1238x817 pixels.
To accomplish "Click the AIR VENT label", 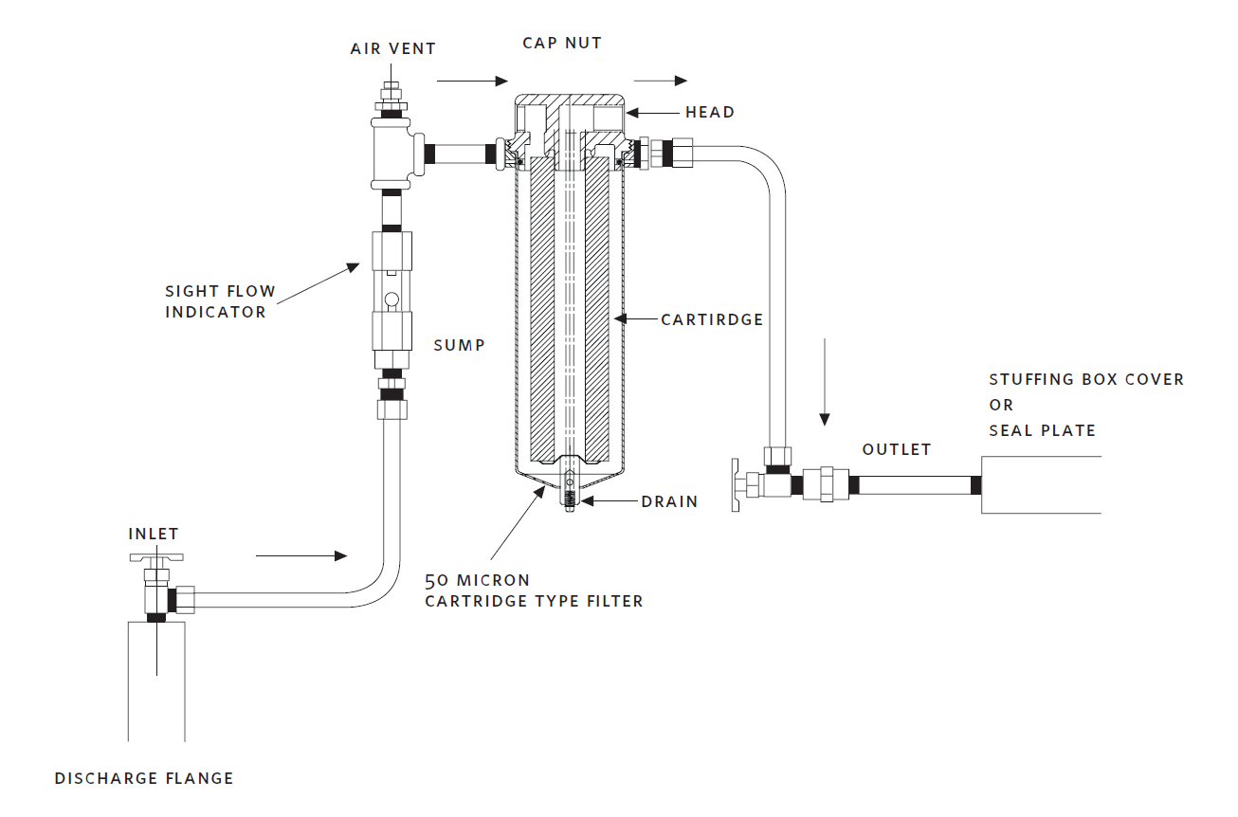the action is [393, 48].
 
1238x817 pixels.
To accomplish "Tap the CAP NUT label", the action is [562, 43].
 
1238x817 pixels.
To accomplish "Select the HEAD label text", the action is [710, 112].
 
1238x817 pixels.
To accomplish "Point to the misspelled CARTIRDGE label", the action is [712, 319].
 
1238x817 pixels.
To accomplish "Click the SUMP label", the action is [460, 346].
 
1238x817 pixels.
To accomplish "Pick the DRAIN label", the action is [670, 502].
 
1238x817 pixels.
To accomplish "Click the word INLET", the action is [154, 534].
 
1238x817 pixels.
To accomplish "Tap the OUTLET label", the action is [897, 449].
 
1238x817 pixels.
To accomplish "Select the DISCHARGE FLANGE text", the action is [144, 778].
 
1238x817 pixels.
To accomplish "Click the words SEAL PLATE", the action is [1042, 430].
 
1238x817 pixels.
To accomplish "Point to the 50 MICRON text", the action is [478, 580].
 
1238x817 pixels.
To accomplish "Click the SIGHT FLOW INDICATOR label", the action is [220, 301].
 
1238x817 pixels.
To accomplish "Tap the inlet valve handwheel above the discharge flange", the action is [156, 557].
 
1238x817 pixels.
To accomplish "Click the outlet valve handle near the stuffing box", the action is [735, 484].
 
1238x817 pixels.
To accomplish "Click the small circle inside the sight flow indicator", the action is [391, 300].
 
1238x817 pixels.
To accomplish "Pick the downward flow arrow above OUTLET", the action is [825, 382].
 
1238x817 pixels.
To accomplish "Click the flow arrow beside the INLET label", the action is [301, 555].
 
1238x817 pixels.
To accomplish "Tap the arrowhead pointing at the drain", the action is [587, 501].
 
